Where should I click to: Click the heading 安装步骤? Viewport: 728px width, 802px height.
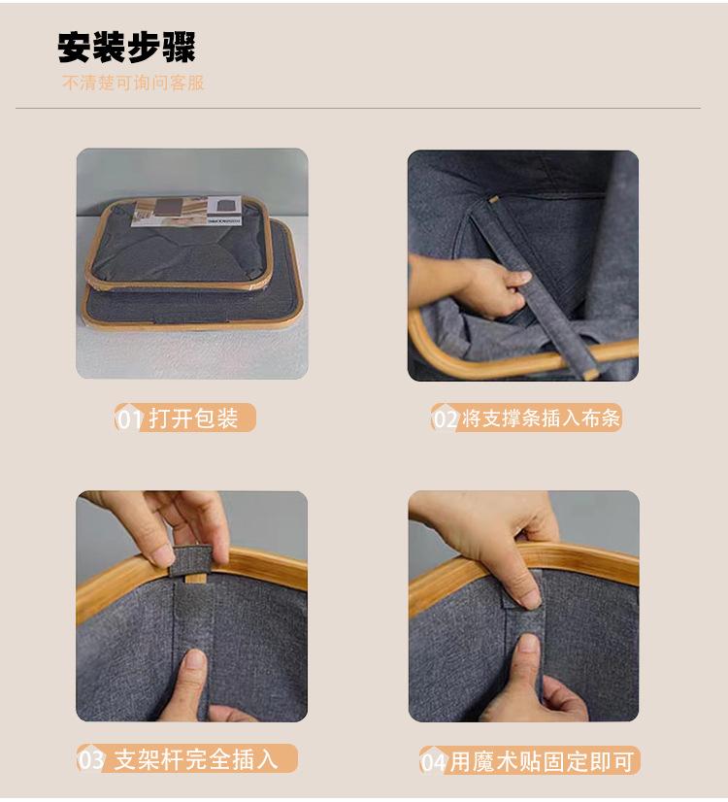point(126,48)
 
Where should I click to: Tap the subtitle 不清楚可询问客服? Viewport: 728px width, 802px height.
point(133,83)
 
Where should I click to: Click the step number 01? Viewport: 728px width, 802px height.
point(129,419)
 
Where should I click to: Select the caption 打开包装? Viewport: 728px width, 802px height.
point(194,418)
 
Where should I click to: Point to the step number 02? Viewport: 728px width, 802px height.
point(446,419)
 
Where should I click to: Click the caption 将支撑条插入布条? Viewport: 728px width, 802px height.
point(541,418)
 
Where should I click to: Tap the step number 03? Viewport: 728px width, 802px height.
point(92,760)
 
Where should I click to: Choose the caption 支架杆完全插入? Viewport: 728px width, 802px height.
point(196,759)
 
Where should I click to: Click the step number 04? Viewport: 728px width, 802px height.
point(434,762)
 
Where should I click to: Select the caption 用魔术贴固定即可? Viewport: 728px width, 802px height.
point(542,761)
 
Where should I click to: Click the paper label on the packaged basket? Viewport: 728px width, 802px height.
point(187,211)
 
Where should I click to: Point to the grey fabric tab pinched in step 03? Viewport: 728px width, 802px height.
point(191,559)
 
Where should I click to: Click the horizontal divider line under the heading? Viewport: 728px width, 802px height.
point(358,109)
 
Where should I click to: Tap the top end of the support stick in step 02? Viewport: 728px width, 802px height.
point(493,199)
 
